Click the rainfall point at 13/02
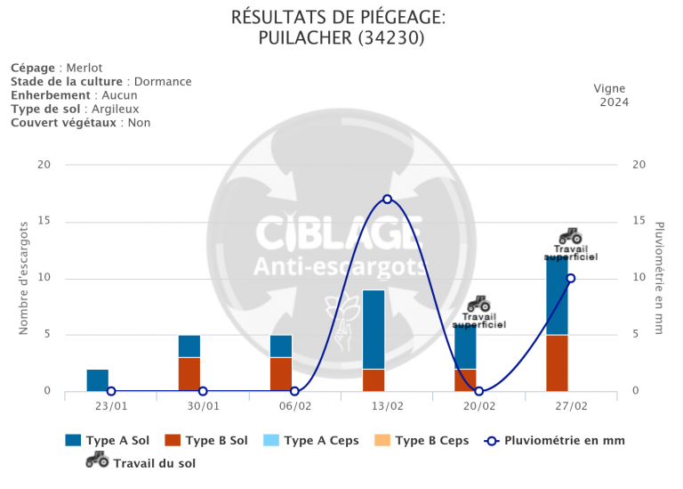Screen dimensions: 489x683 (x=387, y=199)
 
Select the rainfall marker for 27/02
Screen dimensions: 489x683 (x=571, y=278)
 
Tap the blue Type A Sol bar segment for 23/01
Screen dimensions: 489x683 (x=98, y=380)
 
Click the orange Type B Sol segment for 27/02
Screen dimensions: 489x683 (x=557, y=363)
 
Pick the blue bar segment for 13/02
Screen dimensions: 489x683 (x=374, y=330)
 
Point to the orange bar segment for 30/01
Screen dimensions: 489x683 (x=189, y=374)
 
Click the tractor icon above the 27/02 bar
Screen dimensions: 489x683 (x=570, y=236)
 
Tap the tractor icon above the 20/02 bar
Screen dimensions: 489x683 (x=478, y=304)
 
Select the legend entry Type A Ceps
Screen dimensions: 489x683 (x=321, y=440)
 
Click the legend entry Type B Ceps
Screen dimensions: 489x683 (x=431, y=440)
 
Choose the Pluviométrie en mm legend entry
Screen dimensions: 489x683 (x=564, y=440)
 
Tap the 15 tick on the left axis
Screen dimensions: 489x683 (x=44, y=222)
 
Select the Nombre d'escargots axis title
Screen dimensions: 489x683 (x=25, y=278)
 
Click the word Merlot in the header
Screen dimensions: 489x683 (x=84, y=68)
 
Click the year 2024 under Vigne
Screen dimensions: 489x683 (x=614, y=102)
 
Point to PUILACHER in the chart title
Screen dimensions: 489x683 (x=304, y=38)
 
